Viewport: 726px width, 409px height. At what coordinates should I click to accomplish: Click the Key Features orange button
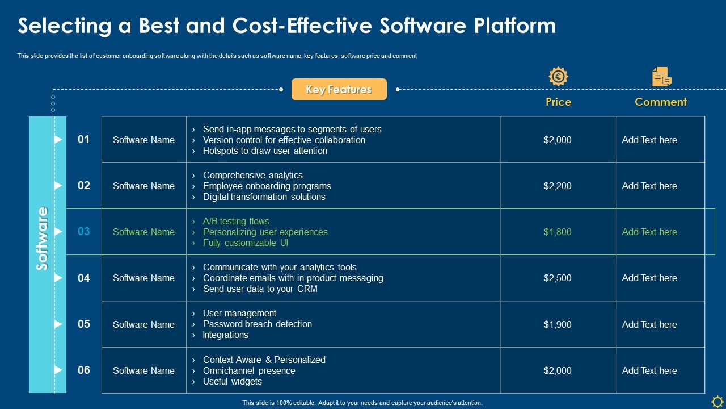click(x=339, y=89)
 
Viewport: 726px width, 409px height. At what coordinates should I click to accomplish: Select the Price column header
click(x=558, y=102)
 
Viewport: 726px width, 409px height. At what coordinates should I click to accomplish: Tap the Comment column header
click(x=660, y=102)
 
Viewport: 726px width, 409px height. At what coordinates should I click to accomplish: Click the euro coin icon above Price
click(x=558, y=77)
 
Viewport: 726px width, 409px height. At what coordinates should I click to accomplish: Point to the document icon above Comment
click(x=660, y=77)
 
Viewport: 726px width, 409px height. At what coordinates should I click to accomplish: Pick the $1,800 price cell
click(x=558, y=232)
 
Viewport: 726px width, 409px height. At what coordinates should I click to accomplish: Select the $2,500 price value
click(x=558, y=278)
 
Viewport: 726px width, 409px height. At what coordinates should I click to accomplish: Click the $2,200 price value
click(x=558, y=186)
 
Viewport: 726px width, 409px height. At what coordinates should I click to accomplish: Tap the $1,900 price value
click(x=558, y=324)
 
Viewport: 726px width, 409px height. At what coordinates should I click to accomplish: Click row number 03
click(x=84, y=232)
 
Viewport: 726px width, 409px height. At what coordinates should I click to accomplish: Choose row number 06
click(x=84, y=370)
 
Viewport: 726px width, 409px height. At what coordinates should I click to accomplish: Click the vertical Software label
click(x=43, y=239)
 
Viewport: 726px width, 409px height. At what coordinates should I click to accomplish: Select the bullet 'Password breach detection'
click(x=257, y=324)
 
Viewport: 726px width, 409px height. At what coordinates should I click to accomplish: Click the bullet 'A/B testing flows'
click(x=236, y=221)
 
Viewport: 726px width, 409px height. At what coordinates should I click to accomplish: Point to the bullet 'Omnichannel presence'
click(x=249, y=370)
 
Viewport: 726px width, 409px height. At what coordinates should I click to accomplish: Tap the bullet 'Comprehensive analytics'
click(x=252, y=175)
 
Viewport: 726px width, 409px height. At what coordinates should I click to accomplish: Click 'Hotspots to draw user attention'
click(x=265, y=151)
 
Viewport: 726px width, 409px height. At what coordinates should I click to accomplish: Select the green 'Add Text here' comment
click(x=649, y=232)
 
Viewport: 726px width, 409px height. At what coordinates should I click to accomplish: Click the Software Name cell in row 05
click(x=143, y=324)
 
